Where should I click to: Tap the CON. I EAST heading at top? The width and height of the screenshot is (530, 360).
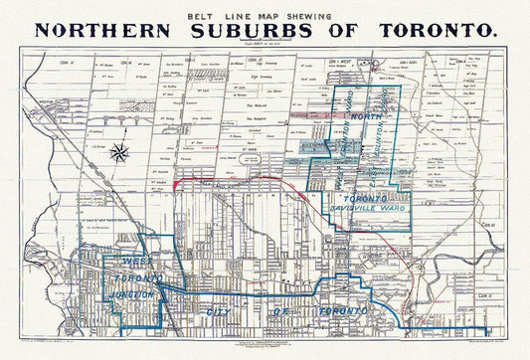point(413,62)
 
